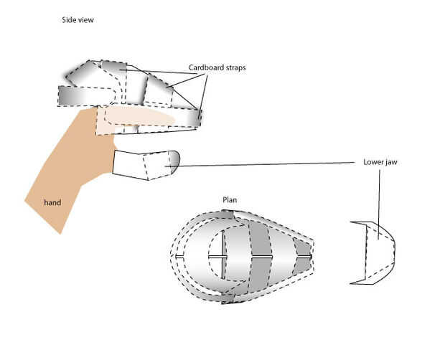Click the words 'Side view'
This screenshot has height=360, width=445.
(78, 20)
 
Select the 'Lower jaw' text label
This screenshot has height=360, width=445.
(380, 162)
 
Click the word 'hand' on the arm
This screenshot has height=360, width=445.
(52, 203)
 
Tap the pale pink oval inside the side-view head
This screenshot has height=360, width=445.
(140, 115)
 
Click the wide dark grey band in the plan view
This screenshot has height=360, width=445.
(259, 255)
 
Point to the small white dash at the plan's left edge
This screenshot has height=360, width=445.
(178, 256)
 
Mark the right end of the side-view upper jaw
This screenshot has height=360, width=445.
(195, 115)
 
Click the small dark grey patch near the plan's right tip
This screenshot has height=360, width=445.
(304, 255)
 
